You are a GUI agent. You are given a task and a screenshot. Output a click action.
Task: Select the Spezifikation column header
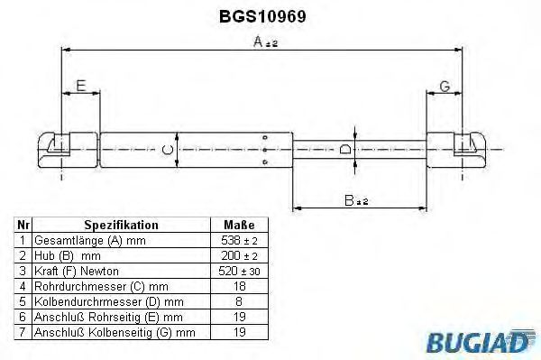pyautogui.click(x=121, y=225)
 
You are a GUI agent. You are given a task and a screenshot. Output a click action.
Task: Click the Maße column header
pyautogui.click(x=239, y=225)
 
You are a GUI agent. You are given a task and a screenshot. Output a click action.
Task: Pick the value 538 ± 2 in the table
pyautogui.click(x=239, y=240)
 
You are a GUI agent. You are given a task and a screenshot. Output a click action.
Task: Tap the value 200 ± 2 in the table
pyautogui.click(x=239, y=255)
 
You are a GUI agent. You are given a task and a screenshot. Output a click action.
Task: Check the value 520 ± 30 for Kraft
pyautogui.click(x=239, y=271)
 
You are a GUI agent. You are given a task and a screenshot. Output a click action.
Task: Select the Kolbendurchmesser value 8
pyautogui.click(x=239, y=301)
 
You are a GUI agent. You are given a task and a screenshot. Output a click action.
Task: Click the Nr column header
pyautogui.click(x=23, y=225)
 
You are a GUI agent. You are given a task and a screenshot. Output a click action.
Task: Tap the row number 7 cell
pyautogui.click(x=23, y=331)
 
